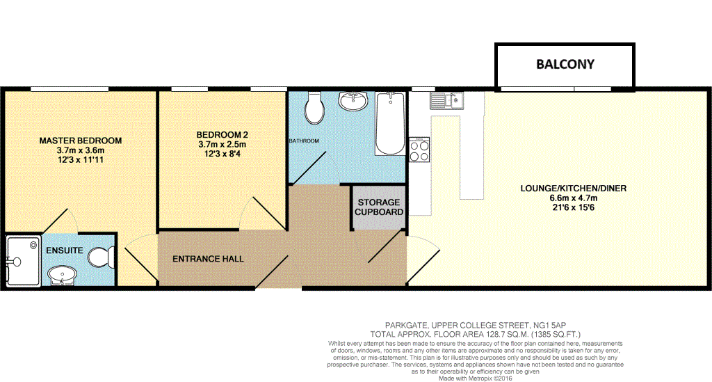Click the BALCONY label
click(565, 65)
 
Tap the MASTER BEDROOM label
click(81, 141)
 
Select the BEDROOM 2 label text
click(222, 135)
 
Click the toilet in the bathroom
click(314, 107)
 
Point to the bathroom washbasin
click(354, 102)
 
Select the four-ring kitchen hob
click(419, 150)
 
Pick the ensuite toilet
click(99, 258)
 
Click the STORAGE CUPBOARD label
click(379, 207)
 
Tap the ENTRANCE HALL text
click(209, 259)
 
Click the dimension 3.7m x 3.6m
click(81, 150)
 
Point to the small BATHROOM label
click(304, 141)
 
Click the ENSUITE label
click(65, 250)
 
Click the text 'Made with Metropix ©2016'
click(476, 379)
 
